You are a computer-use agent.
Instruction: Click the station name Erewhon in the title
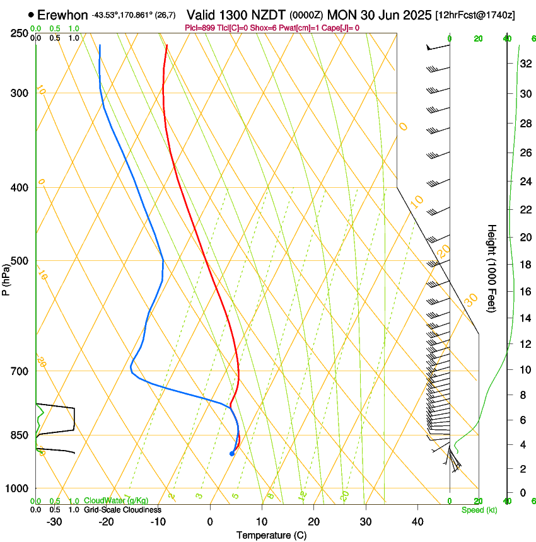[62, 15]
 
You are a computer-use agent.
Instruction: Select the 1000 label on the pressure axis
[18, 488]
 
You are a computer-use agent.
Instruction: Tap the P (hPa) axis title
[6, 277]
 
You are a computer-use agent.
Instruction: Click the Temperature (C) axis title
[271, 536]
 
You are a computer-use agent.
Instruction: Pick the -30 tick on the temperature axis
[54, 522]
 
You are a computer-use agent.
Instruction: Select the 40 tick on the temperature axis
[417, 522]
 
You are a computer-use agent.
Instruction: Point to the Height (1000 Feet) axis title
[492, 268]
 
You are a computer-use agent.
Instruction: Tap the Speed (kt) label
[479, 510]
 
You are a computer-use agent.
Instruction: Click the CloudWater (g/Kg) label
[107, 500]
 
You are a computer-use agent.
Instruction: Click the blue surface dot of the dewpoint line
[232, 453]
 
